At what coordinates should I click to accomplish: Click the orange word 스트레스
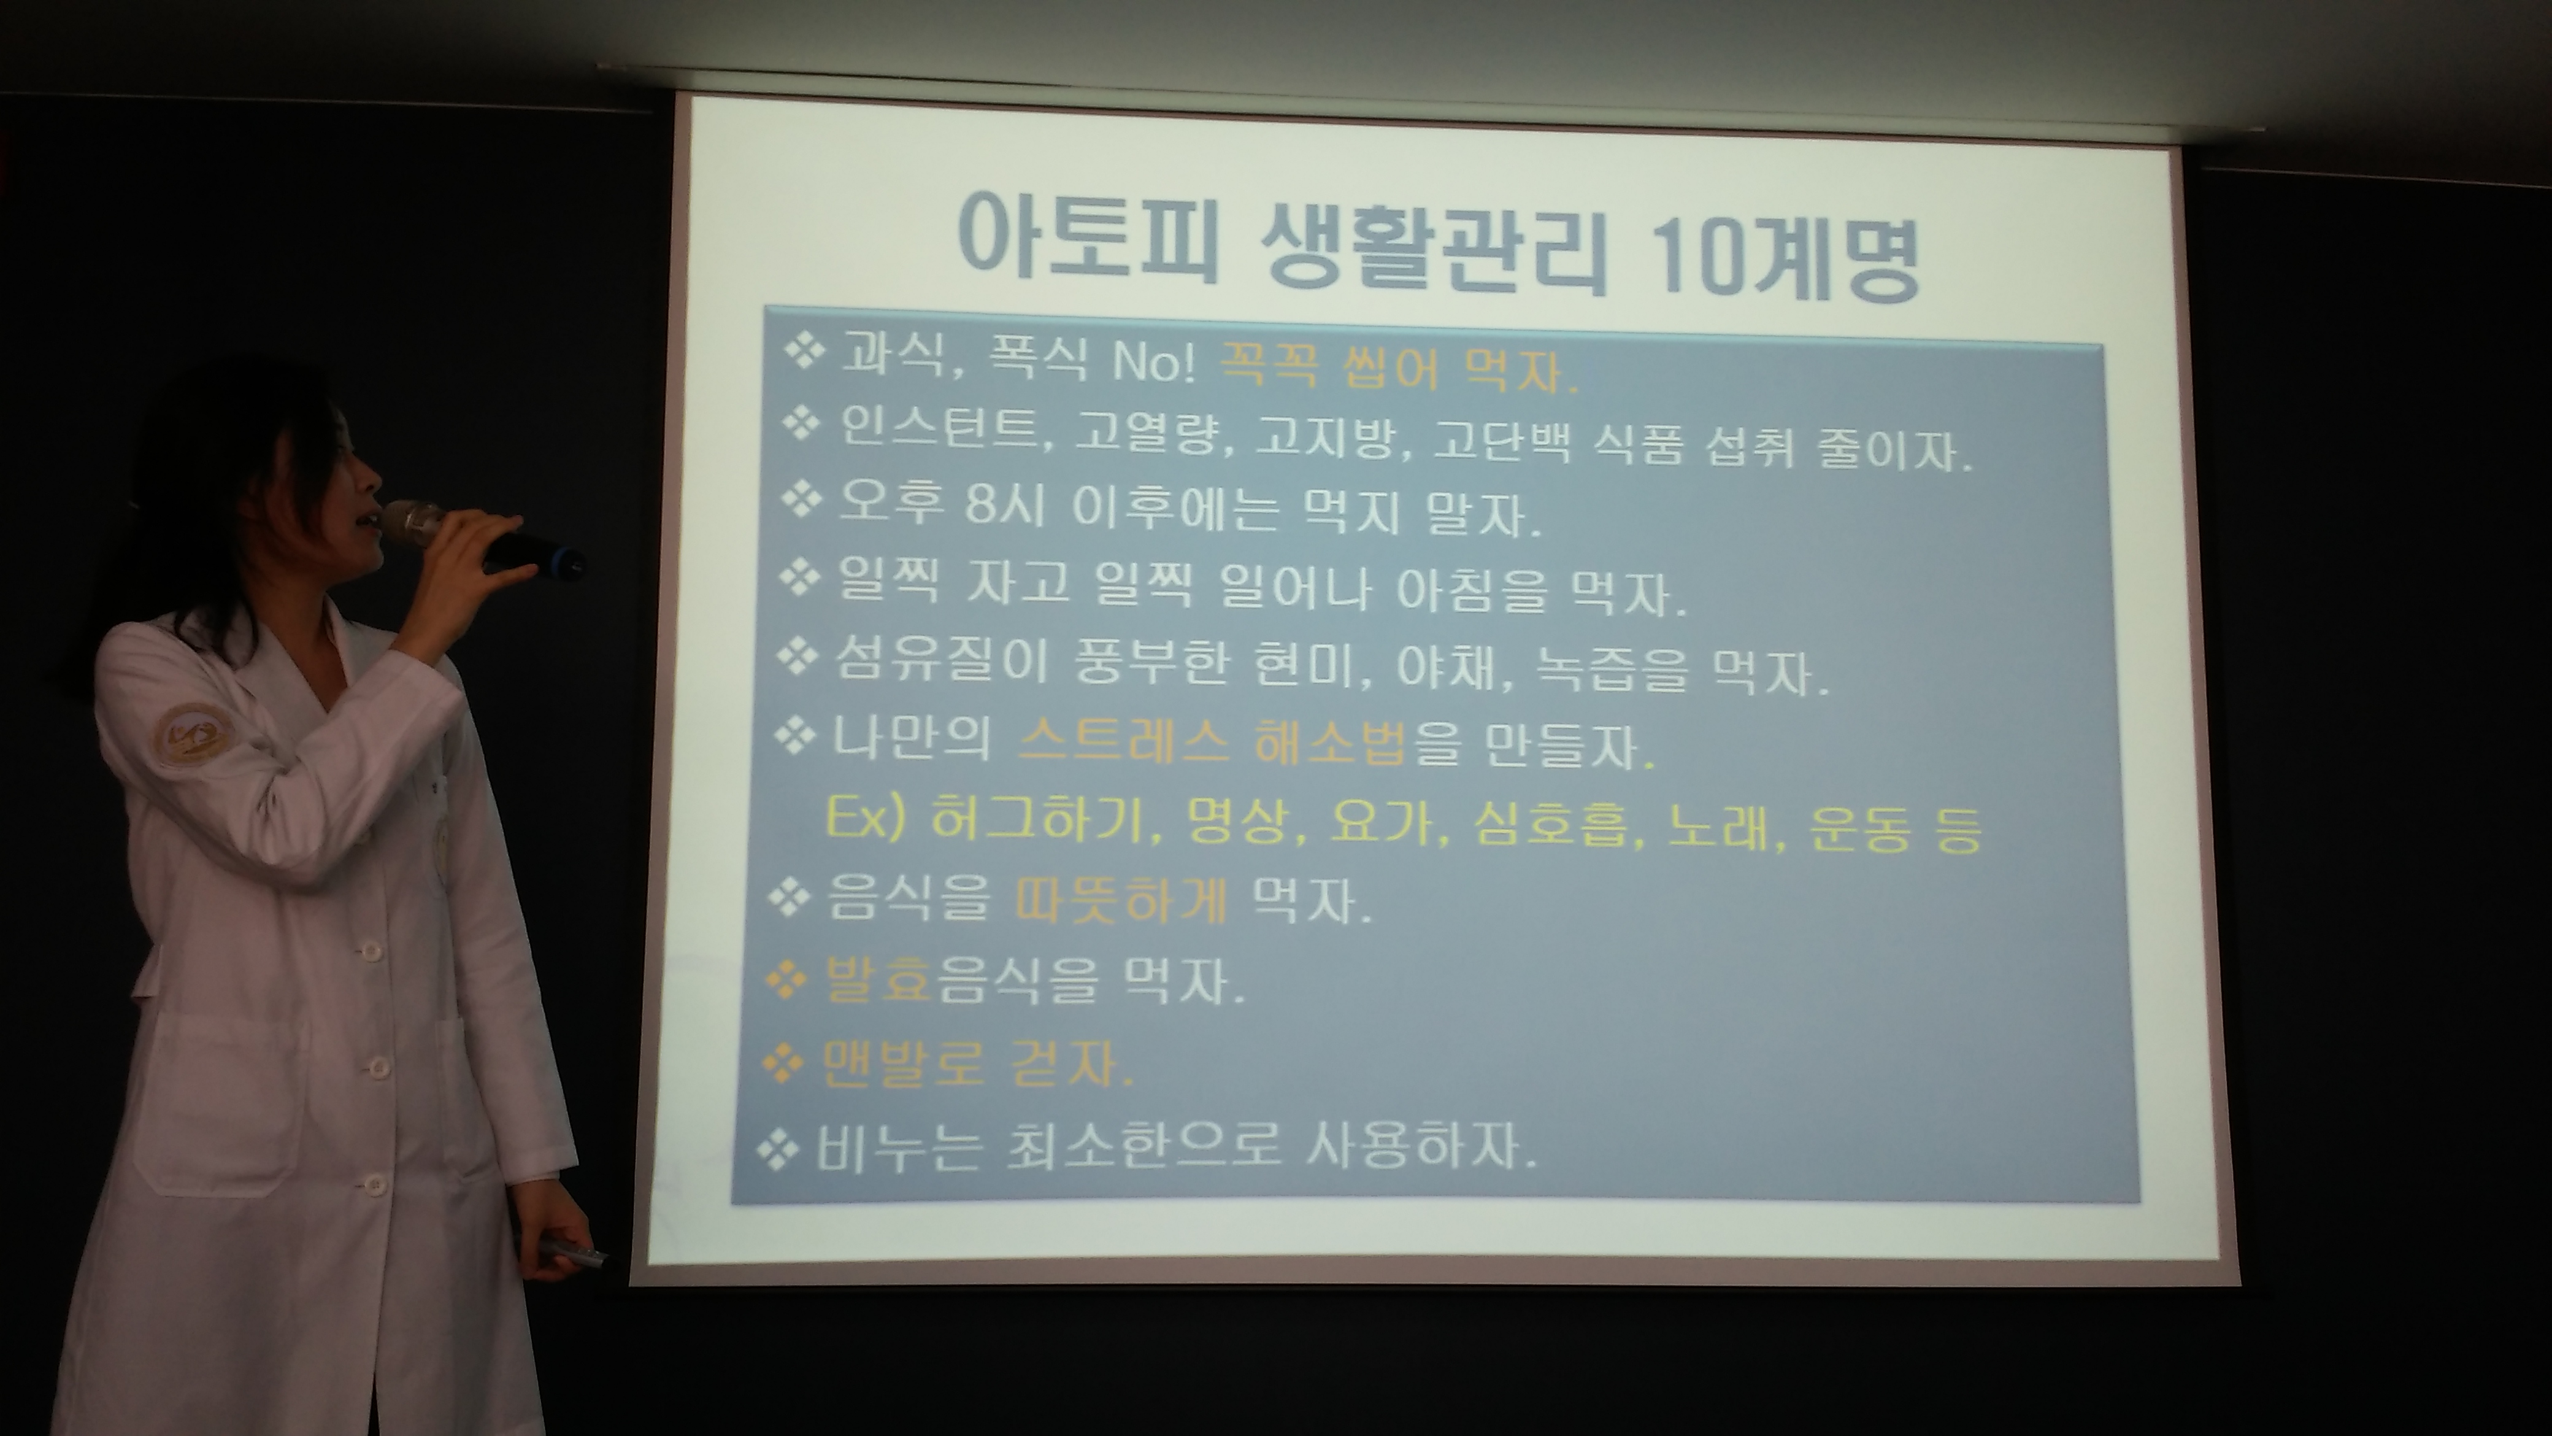tap(1123, 740)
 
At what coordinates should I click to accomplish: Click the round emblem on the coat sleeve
tap(187, 735)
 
